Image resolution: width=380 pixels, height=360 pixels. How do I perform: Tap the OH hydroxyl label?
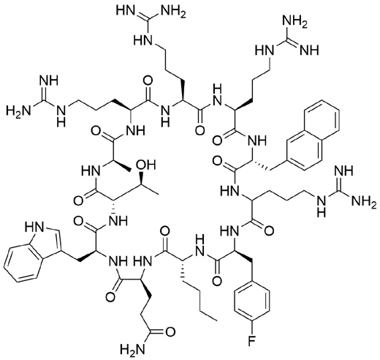[x=146, y=165]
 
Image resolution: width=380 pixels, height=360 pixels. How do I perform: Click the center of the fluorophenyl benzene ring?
[x=251, y=302]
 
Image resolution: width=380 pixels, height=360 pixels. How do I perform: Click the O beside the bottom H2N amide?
[x=170, y=332]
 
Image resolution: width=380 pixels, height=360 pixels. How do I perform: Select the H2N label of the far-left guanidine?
[x=18, y=110]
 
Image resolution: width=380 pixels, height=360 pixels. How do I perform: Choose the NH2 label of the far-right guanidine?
[x=364, y=201]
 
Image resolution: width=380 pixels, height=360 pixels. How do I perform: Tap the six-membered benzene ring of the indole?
[x=24, y=265]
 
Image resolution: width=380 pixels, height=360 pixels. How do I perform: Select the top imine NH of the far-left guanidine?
[x=50, y=80]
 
